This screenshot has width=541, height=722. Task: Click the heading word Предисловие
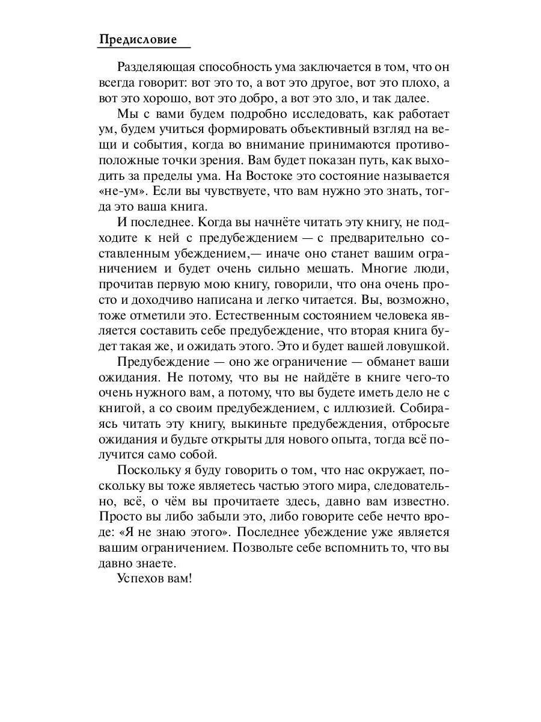(x=138, y=40)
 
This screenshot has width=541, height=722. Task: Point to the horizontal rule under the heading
(x=144, y=48)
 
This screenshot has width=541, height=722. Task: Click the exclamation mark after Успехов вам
(x=189, y=579)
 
